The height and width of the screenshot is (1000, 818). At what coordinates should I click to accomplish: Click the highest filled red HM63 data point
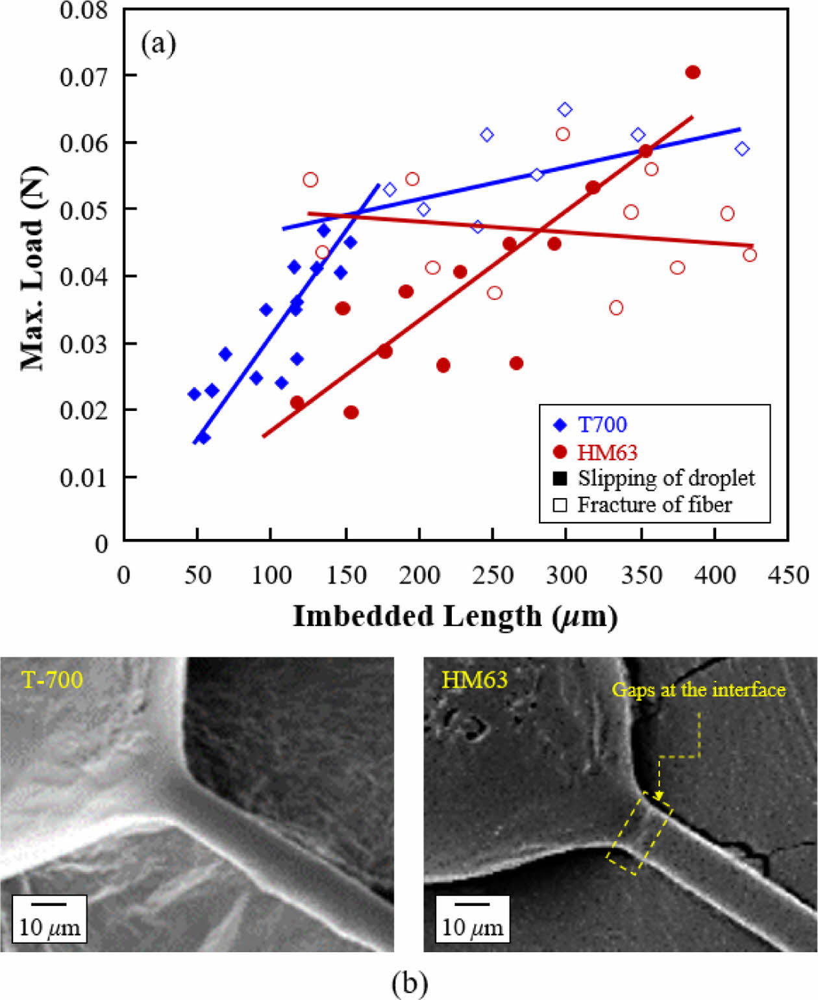[693, 72]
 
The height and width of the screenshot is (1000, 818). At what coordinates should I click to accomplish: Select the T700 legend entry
[602, 425]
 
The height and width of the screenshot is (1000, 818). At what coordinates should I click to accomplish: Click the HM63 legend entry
[607, 452]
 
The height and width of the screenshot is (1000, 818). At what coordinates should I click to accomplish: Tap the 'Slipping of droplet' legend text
[666, 479]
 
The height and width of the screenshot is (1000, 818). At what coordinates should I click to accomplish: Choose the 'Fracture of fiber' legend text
[654, 505]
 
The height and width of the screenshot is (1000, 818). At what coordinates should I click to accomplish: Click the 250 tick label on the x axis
[493, 575]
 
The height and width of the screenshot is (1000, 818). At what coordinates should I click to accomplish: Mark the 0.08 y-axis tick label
[83, 10]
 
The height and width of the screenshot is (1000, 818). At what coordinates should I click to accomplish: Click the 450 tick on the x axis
[788, 575]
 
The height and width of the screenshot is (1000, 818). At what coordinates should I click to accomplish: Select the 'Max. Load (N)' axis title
[32, 269]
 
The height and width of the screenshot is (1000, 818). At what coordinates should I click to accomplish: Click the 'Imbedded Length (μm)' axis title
[454, 616]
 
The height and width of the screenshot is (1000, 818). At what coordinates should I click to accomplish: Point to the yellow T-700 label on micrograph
[52, 680]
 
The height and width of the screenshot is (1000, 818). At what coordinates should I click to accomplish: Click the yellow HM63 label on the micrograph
[474, 680]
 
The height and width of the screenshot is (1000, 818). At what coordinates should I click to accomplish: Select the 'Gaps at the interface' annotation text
[699, 690]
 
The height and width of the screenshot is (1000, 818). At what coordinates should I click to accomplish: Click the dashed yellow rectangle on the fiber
[639, 833]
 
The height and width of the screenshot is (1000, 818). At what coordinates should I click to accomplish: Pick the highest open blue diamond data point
[565, 109]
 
